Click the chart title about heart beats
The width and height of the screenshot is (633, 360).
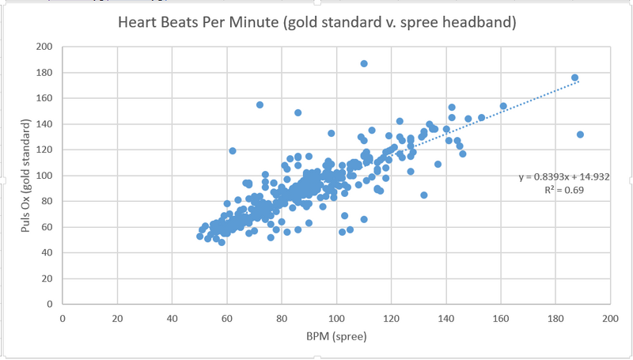316,22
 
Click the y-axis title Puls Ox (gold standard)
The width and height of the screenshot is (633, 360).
27,175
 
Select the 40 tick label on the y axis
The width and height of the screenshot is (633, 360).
47,252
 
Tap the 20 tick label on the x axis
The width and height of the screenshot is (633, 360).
117,318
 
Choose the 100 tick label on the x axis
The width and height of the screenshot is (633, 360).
336,318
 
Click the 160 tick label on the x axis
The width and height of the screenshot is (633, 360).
501,318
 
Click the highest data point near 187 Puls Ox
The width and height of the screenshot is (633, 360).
364,63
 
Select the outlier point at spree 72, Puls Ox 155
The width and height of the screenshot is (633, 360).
260,104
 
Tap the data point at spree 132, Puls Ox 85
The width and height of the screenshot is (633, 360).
424,195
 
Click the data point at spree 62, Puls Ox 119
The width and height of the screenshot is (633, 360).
233,150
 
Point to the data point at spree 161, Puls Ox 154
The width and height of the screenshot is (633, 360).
503,106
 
